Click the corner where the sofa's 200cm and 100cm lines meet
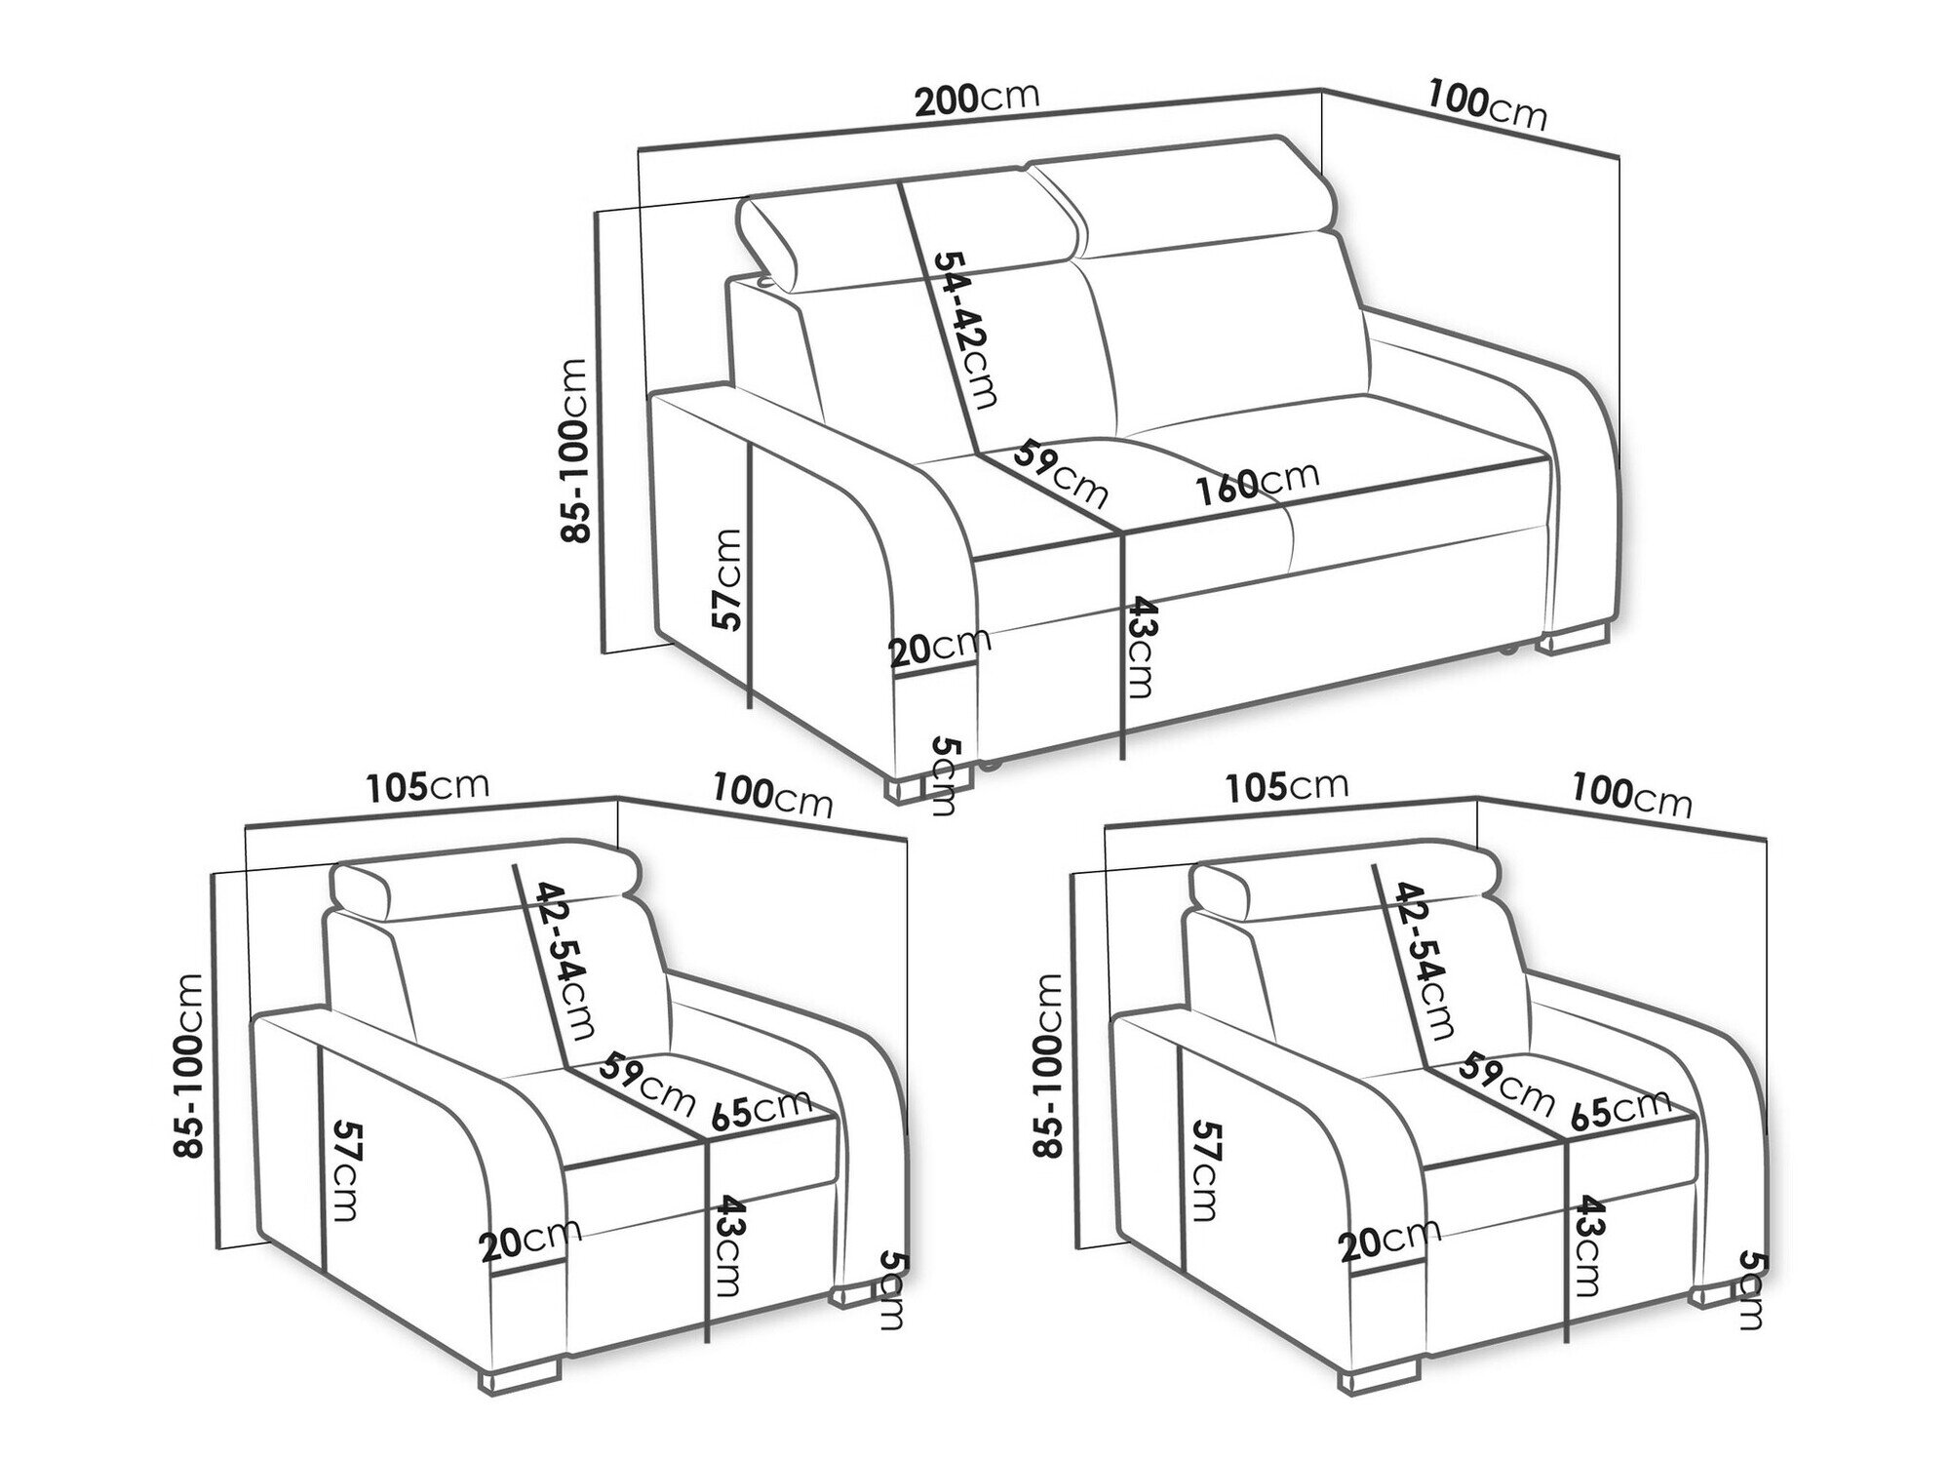pos(1322,91)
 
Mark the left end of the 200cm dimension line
pos(640,149)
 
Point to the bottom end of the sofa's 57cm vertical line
pos(749,707)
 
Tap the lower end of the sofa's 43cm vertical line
pos(1124,758)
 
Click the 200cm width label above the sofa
pos(976,99)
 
